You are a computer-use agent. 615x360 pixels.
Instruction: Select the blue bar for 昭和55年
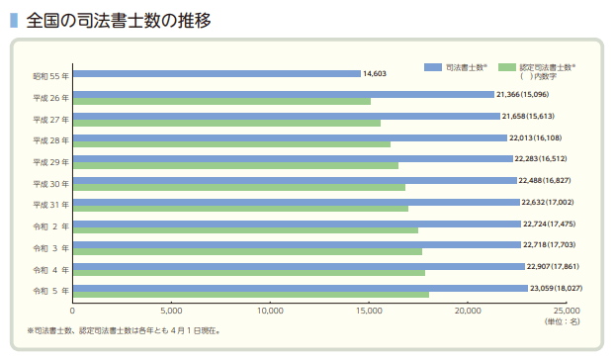pos(217,73)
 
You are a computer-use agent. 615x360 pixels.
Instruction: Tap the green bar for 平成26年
pos(221,102)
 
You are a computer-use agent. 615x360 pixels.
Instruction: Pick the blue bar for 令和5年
pos(300,288)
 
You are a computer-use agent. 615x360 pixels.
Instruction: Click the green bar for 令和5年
pos(250,296)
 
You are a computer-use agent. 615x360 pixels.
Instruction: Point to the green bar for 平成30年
pos(238,187)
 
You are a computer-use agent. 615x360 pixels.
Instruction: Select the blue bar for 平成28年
pos(290,137)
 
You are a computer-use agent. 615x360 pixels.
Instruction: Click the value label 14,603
pos(374,73)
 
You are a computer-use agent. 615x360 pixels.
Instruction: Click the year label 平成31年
pos(50,205)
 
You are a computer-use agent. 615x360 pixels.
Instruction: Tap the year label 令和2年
pos(50,226)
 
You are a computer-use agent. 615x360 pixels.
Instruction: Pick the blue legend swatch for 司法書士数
pos(433,65)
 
